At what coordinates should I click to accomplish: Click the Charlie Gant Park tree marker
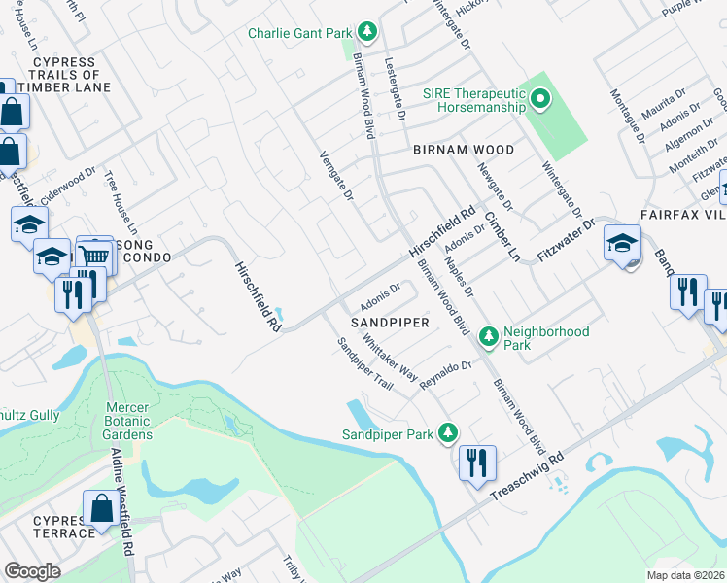[367, 33]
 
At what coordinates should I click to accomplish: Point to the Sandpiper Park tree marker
[447, 432]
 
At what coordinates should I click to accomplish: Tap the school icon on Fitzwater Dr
[622, 244]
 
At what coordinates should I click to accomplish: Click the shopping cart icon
[94, 255]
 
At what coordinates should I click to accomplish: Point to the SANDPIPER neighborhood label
[390, 321]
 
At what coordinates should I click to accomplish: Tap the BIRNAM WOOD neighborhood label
[463, 151]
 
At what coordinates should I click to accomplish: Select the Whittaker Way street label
[389, 360]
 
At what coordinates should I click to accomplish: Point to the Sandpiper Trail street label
[364, 364]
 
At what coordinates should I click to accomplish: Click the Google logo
[33, 571]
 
